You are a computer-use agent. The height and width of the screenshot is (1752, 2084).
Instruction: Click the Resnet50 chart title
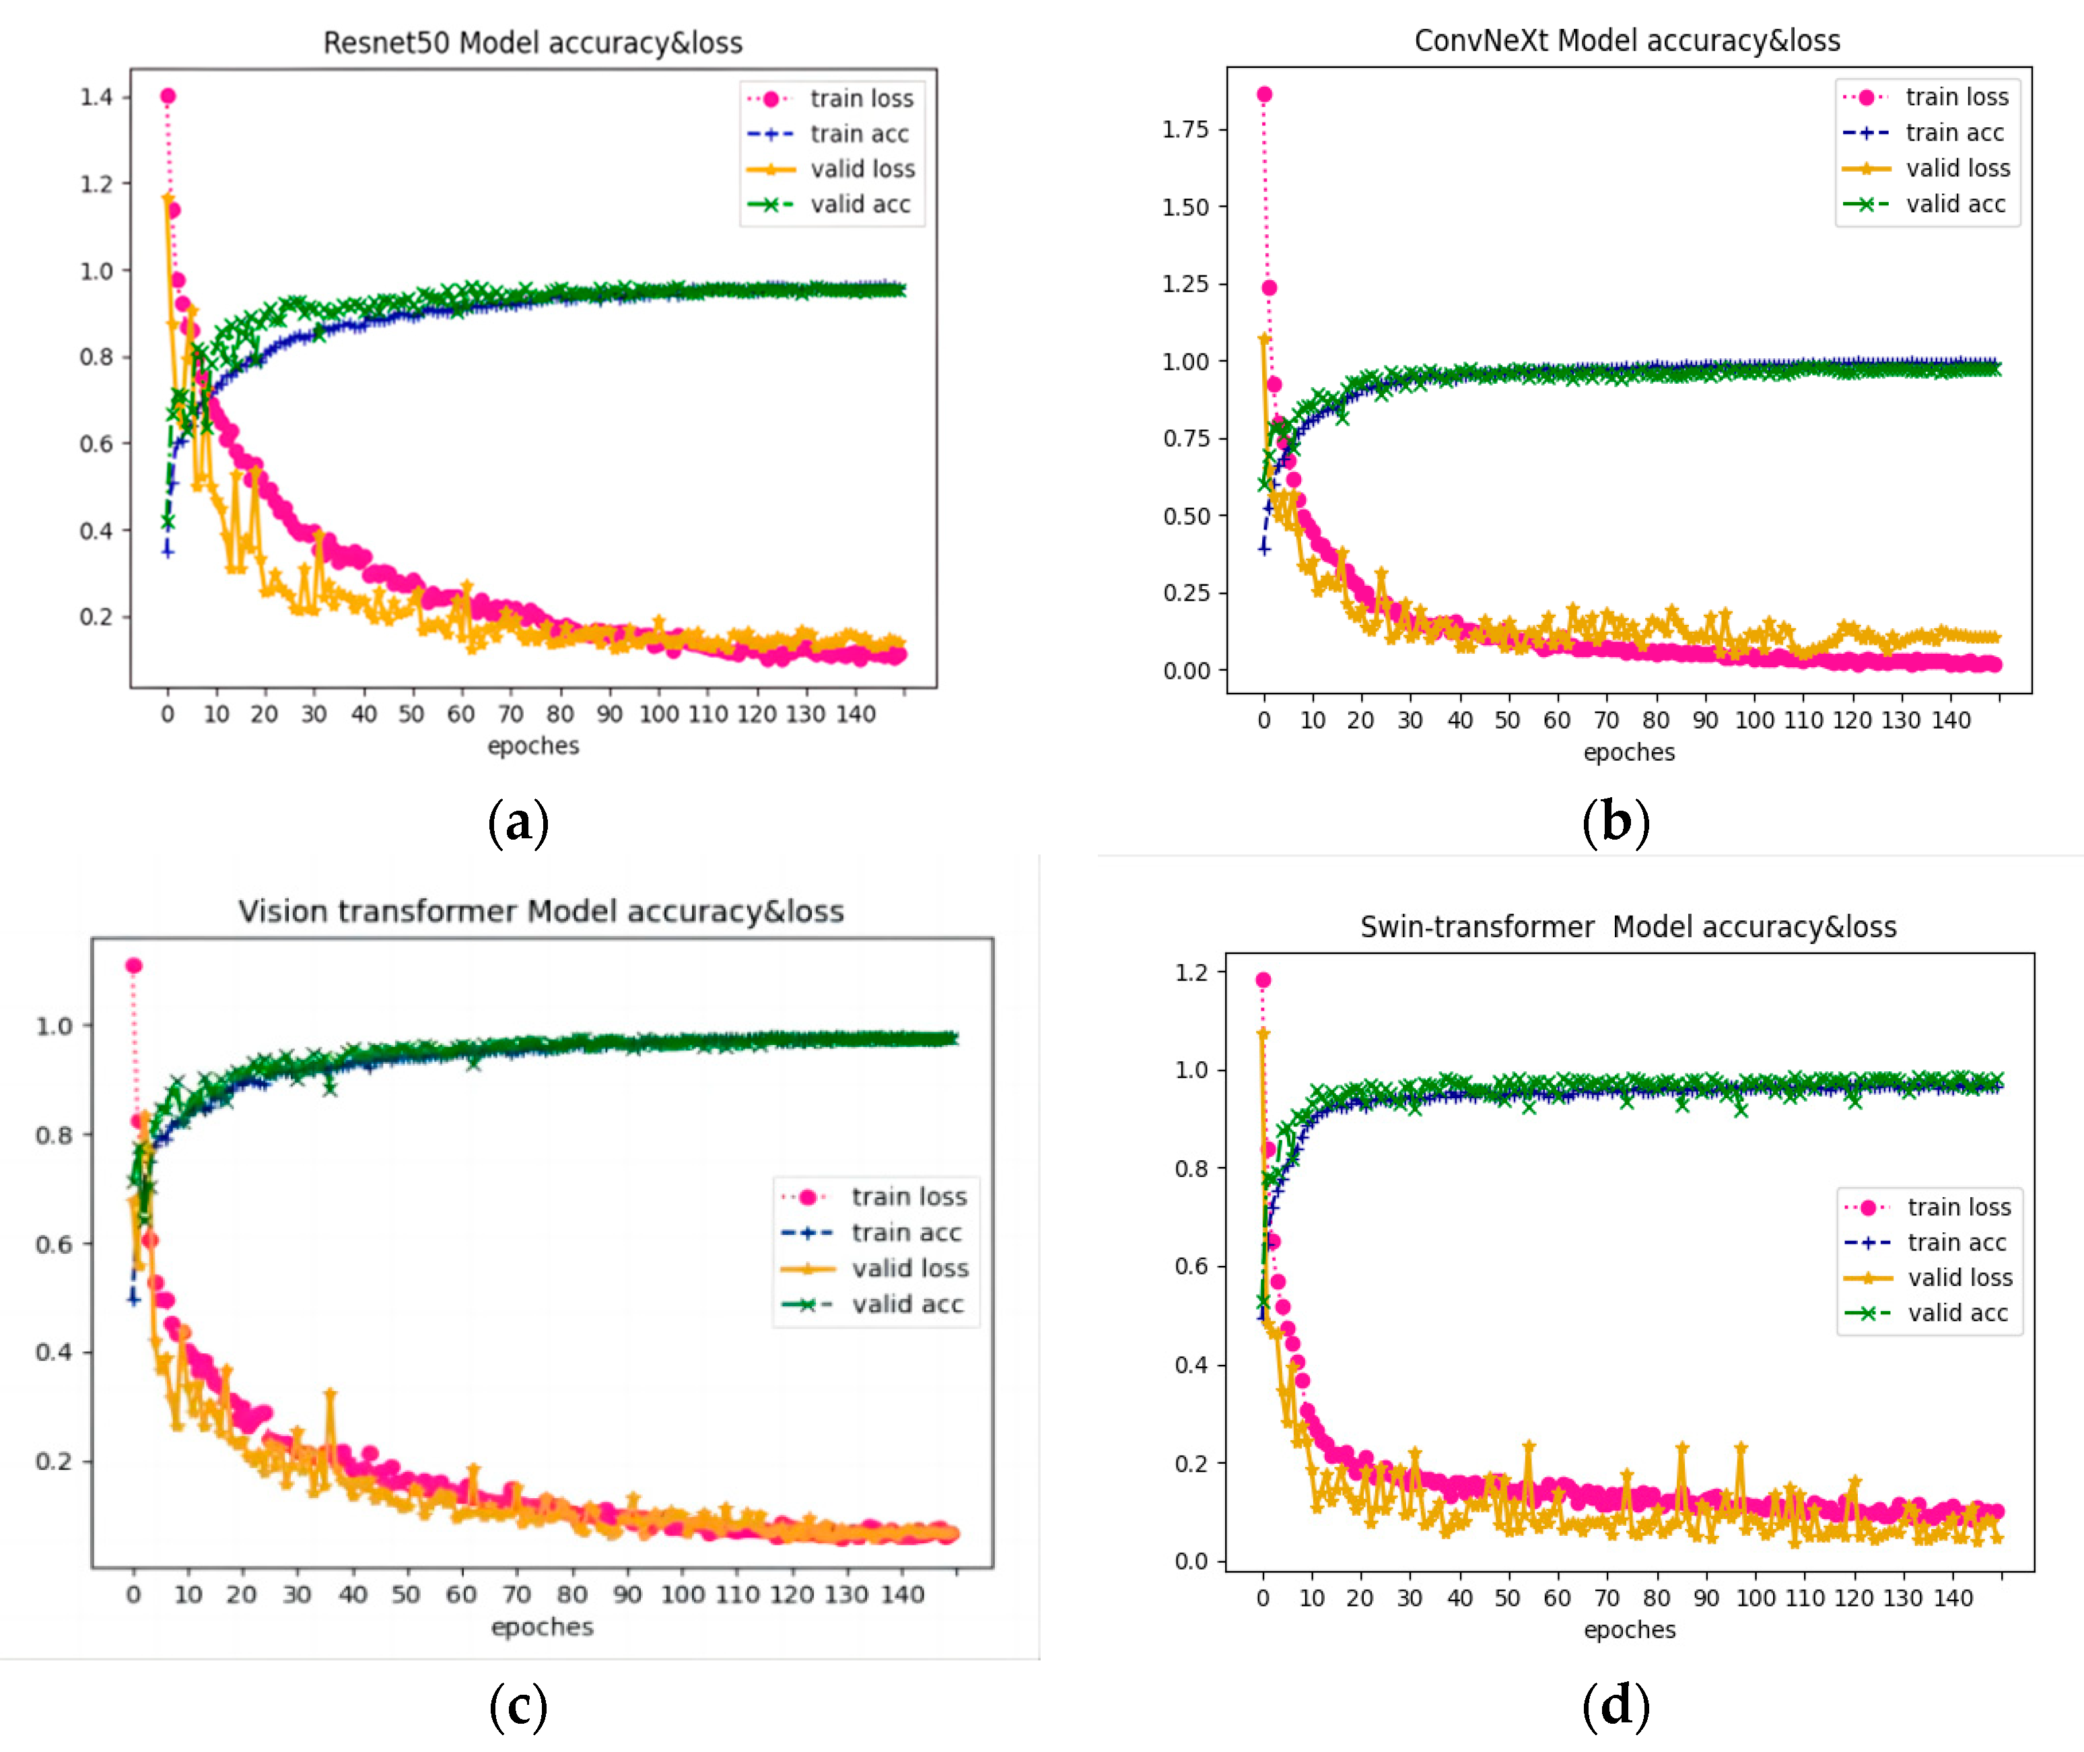click(532, 42)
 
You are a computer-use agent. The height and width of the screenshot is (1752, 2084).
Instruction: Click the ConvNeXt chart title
click(1626, 40)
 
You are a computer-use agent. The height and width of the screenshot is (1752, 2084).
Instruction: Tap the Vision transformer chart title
click(541, 911)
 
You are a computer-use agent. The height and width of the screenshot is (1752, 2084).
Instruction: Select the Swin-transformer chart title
click(1628, 926)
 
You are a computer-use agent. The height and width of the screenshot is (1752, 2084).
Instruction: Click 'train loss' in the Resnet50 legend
click(861, 98)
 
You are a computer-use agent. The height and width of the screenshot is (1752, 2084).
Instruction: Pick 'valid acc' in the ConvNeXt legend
click(1955, 205)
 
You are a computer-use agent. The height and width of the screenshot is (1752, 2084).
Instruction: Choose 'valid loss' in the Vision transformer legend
click(909, 1269)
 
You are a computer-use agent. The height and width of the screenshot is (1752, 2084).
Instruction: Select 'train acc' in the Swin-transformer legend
click(1956, 1242)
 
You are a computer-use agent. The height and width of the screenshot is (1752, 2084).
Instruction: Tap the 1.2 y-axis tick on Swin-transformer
click(1191, 972)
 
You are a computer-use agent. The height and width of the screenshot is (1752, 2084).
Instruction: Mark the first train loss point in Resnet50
click(168, 96)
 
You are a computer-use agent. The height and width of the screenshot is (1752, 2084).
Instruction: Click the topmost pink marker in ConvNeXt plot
click(1264, 94)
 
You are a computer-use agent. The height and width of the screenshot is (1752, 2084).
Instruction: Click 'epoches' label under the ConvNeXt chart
click(1628, 753)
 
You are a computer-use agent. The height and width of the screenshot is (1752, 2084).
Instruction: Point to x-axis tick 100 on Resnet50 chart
click(658, 714)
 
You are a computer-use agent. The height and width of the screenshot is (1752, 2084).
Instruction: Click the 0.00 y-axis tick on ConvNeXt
click(1187, 671)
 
